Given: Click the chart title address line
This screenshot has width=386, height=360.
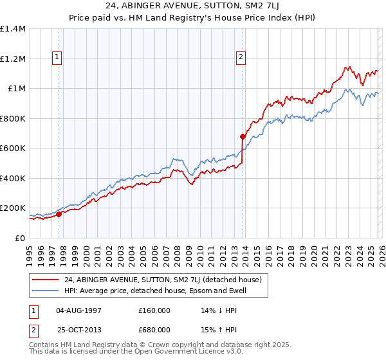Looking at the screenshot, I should click(193, 7).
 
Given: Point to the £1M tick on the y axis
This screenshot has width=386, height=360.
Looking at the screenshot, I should click(17, 89).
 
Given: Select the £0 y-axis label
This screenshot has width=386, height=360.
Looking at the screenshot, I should click(21, 238).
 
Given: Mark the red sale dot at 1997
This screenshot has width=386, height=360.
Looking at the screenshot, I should click(59, 215).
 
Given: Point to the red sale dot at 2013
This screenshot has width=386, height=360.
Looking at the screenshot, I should click(243, 136).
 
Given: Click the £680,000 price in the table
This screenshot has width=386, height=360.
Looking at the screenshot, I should click(154, 329).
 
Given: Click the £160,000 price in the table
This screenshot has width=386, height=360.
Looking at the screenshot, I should click(154, 310).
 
